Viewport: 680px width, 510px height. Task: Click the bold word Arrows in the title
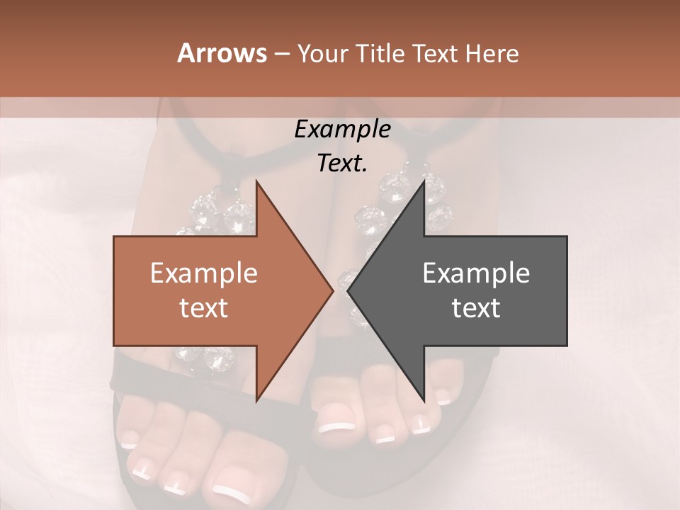click(x=221, y=53)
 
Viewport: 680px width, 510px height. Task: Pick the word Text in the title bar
click(x=438, y=53)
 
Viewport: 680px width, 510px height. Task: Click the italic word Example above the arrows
click(x=342, y=130)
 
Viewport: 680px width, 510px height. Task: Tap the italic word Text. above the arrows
click(x=342, y=163)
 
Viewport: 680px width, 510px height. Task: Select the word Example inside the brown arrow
click(x=204, y=273)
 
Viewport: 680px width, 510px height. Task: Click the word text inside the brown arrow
click(x=204, y=307)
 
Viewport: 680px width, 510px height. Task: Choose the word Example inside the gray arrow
click(x=476, y=273)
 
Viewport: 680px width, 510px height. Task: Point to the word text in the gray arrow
click(x=476, y=307)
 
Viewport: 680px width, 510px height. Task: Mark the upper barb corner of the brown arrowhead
click(x=256, y=182)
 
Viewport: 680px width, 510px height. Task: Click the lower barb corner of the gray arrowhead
click(x=424, y=399)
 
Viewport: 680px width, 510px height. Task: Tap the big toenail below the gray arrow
click(x=336, y=427)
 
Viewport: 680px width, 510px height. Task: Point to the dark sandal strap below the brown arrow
click(x=177, y=372)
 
